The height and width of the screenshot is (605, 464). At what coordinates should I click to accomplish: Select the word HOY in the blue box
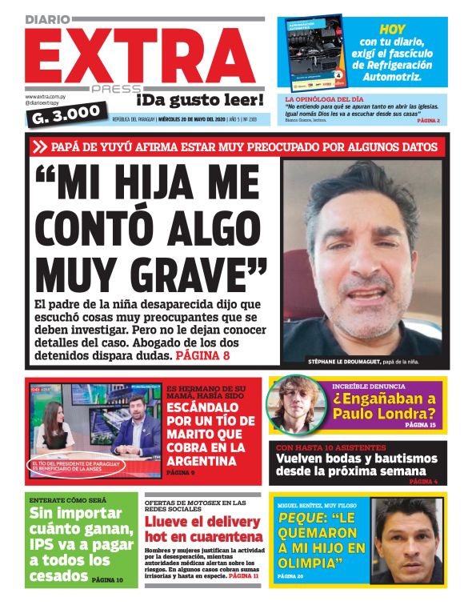click(393, 29)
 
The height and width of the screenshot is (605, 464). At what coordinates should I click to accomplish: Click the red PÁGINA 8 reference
click(202, 354)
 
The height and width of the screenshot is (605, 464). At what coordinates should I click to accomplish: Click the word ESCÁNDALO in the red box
click(206, 407)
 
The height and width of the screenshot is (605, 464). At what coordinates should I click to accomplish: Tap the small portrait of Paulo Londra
click(295, 404)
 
